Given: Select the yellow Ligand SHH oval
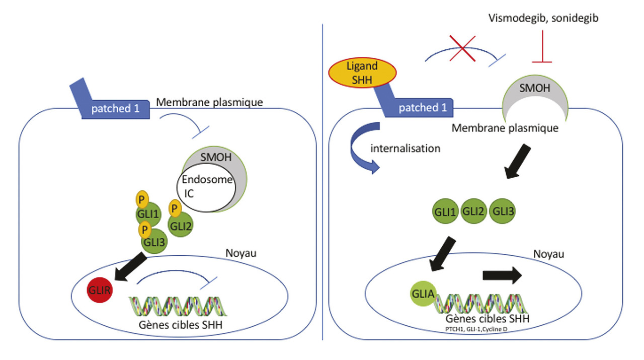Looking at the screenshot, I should pyautogui.click(x=361, y=73).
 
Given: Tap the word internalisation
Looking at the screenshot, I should pyautogui.click(x=405, y=149).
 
